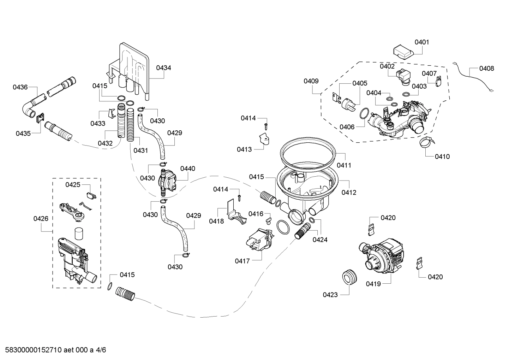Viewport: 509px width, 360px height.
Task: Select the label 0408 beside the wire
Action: (x=486, y=68)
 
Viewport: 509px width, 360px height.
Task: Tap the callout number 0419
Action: (x=373, y=283)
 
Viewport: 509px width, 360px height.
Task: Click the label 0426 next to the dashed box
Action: (x=41, y=219)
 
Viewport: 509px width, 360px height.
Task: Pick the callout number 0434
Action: (x=163, y=67)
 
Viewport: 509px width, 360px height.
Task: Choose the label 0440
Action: (x=187, y=169)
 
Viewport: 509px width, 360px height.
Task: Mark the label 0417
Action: (x=242, y=261)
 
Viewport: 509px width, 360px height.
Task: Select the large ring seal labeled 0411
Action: (x=307, y=152)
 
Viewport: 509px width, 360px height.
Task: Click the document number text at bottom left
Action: (x=53, y=350)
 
